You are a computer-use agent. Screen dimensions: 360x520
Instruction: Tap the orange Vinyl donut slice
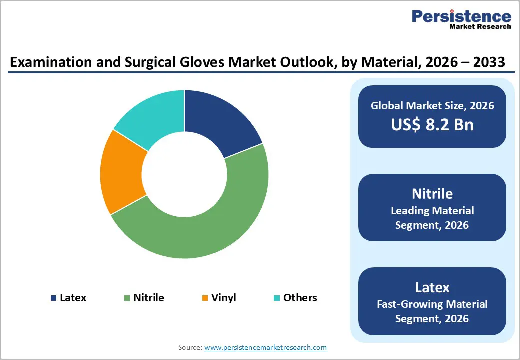click(x=120, y=172)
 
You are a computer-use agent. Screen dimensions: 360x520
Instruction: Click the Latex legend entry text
click(x=73, y=298)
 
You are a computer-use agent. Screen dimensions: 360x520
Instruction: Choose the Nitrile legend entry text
click(x=148, y=298)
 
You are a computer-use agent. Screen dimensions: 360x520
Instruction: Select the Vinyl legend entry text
click(x=223, y=298)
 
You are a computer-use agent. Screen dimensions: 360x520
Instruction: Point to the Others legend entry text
click(x=300, y=298)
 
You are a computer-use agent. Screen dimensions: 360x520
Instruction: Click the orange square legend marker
click(x=205, y=298)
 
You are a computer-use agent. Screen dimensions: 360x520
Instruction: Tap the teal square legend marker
click(x=276, y=298)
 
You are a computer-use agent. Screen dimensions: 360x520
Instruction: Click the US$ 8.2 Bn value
click(x=432, y=124)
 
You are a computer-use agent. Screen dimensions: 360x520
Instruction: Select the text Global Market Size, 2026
click(x=432, y=106)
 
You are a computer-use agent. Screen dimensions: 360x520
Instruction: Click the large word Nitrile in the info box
click(x=432, y=194)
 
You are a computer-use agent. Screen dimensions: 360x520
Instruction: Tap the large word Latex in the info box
click(x=432, y=287)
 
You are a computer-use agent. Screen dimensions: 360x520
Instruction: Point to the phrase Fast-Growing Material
click(x=432, y=304)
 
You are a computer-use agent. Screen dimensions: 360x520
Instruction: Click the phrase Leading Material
click(x=432, y=211)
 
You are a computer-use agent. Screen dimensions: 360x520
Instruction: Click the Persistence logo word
click(x=461, y=16)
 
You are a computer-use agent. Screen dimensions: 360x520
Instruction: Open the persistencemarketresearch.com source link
click(x=265, y=347)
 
